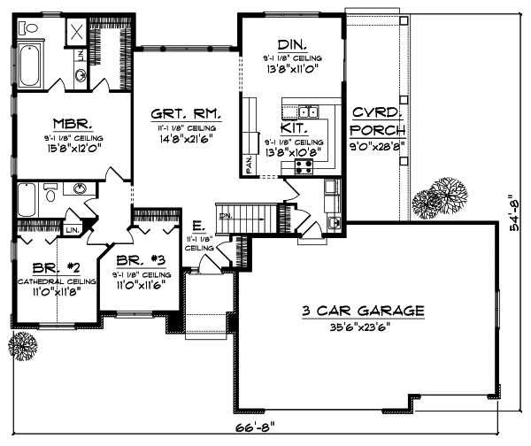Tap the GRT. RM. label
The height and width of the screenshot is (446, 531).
tap(185, 114)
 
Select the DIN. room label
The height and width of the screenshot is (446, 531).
tap(290, 44)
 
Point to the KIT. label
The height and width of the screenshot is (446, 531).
tap(294, 127)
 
